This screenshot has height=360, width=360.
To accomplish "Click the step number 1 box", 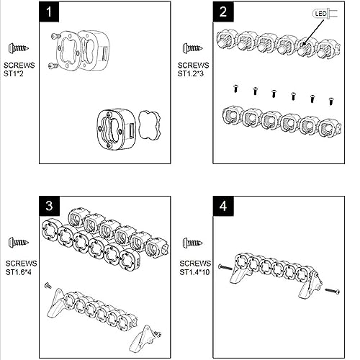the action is (x=49, y=12).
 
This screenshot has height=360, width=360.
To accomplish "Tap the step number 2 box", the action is (x=223, y=12).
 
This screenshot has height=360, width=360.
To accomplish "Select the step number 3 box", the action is (x=49, y=206).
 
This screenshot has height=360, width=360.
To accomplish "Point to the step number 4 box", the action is (x=223, y=206).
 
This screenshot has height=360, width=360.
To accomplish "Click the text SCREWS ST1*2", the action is (x=19, y=69).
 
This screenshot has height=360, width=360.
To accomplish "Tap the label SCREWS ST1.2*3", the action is (x=193, y=69).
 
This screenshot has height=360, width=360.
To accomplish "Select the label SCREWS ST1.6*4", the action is (x=21, y=268).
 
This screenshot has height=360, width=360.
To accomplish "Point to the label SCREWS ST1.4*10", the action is (x=195, y=268).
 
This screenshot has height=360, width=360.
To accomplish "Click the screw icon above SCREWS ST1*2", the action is (x=19, y=48).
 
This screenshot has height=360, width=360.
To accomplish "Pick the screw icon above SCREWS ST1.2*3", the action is (x=192, y=48).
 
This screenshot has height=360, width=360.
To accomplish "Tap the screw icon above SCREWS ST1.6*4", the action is (x=19, y=242).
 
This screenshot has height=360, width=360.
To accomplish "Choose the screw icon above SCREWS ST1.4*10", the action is (x=192, y=242).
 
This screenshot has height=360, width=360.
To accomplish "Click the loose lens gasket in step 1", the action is (x=149, y=125).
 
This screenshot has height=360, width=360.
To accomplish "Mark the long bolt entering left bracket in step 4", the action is (x=225, y=267).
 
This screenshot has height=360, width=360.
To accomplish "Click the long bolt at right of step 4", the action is (x=332, y=291).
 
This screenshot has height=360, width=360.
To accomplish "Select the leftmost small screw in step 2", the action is (x=236, y=89).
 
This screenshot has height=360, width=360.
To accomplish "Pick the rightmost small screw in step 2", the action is (x=331, y=101).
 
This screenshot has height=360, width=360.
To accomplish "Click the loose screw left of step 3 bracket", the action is (x=48, y=286).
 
